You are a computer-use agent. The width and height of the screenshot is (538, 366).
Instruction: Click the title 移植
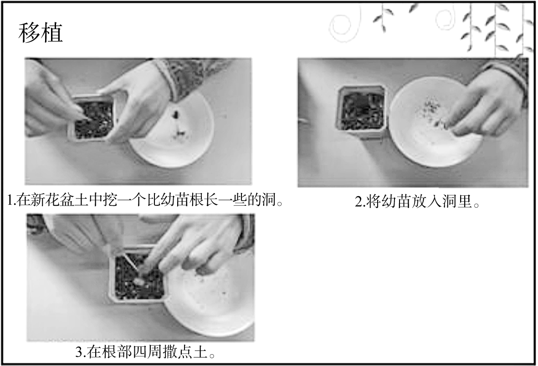[40, 33]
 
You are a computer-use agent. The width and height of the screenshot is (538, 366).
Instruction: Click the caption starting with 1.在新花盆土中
[145, 200]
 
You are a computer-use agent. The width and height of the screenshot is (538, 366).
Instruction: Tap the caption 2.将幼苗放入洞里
[417, 201]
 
